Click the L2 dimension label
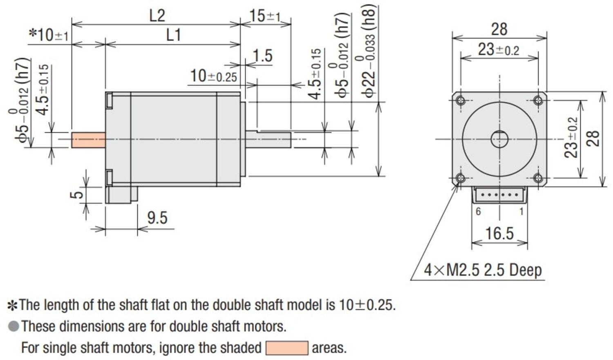tap(157, 16)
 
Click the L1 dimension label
tap(173, 36)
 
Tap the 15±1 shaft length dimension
tap(265, 16)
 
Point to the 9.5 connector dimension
tap(157, 218)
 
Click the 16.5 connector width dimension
tap(499, 234)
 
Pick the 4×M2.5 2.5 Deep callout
tap(483, 270)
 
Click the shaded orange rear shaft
tap(88, 140)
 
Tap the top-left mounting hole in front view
tap(461, 101)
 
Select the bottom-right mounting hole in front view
tap(538, 178)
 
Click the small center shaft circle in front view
tap(499, 139)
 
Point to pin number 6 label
tap(478, 212)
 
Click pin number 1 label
tap(521, 212)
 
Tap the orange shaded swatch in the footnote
tap(287, 348)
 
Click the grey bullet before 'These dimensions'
tap(13, 326)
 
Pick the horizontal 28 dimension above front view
tap(499, 29)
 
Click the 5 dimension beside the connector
tap(76, 195)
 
